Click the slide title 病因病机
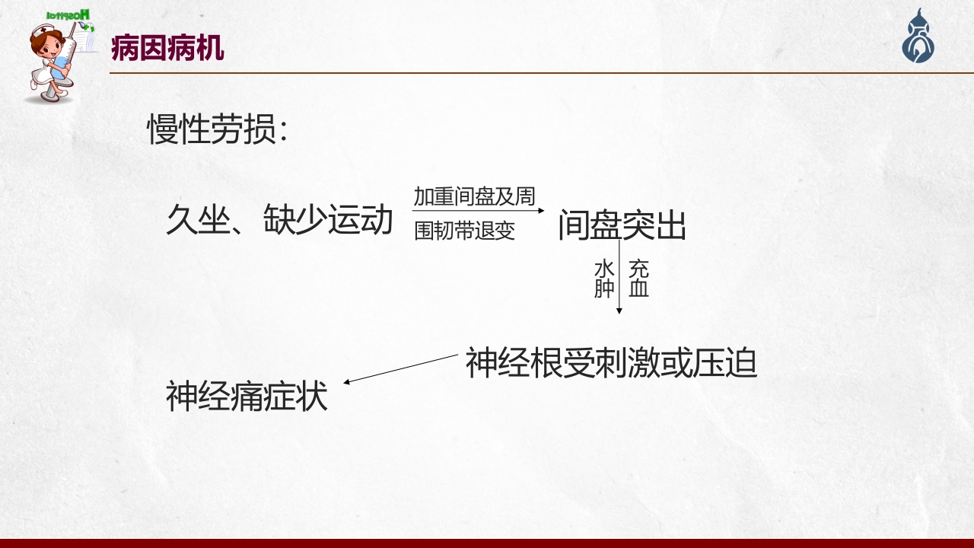pyautogui.click(x=167, y=48)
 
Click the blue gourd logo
pyautogui.click(x=918, y=38)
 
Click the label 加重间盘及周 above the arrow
pyautogui.click(x=474, y=197)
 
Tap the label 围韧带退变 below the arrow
pyautogui.click(x=464, y=231)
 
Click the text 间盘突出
pyautogui.click(x=622, y=226)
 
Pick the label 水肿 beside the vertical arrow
pyautogui.click(x=604, y=279)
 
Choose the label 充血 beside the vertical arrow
pyautogui.click(x=639, y=279)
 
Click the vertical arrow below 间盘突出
pyautogui.click(x=620, y=278)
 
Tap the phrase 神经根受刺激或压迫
pyautogui.click(x=611, y=363)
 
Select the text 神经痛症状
pyautogui.click(x=247, y=397)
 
